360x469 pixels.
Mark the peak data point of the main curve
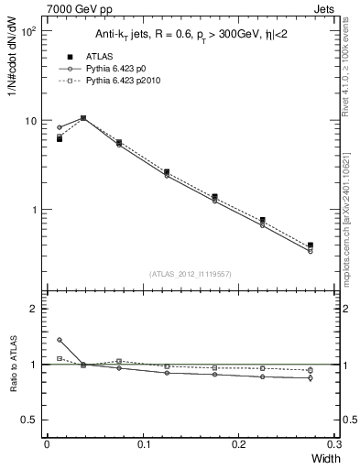click(x=83, y=118)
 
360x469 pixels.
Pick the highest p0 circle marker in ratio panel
click(x=60, y=340)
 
